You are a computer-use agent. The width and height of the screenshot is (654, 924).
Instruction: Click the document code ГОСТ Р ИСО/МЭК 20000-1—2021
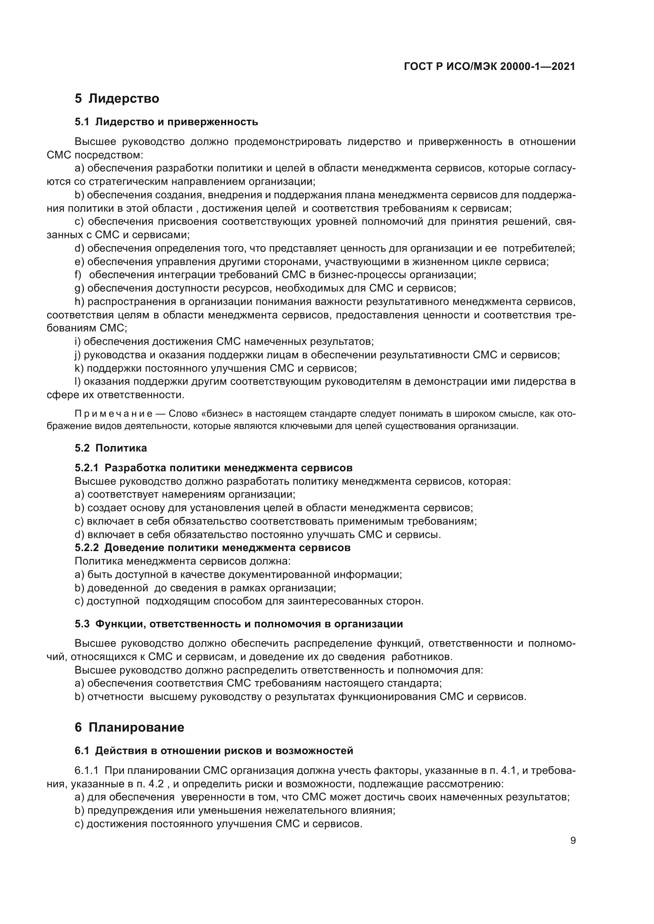click(489, 67)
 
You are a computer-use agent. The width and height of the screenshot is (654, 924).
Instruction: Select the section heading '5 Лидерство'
click(117, 98)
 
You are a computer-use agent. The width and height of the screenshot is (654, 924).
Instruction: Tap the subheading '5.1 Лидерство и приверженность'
click(166, 122)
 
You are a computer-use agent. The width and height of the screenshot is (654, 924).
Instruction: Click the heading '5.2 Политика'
click(111, 448)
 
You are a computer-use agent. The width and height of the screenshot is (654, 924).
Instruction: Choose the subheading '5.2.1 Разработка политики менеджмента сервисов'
click(214, 468)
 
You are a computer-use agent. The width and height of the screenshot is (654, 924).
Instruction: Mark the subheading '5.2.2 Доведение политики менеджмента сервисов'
click(213, 547)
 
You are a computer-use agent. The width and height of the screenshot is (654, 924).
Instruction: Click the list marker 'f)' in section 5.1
click(78, 275)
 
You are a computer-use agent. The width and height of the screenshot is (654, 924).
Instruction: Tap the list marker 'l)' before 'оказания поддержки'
click(77, 382)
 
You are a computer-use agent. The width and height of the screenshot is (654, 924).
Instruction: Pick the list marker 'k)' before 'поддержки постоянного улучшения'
click(79, 368)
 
